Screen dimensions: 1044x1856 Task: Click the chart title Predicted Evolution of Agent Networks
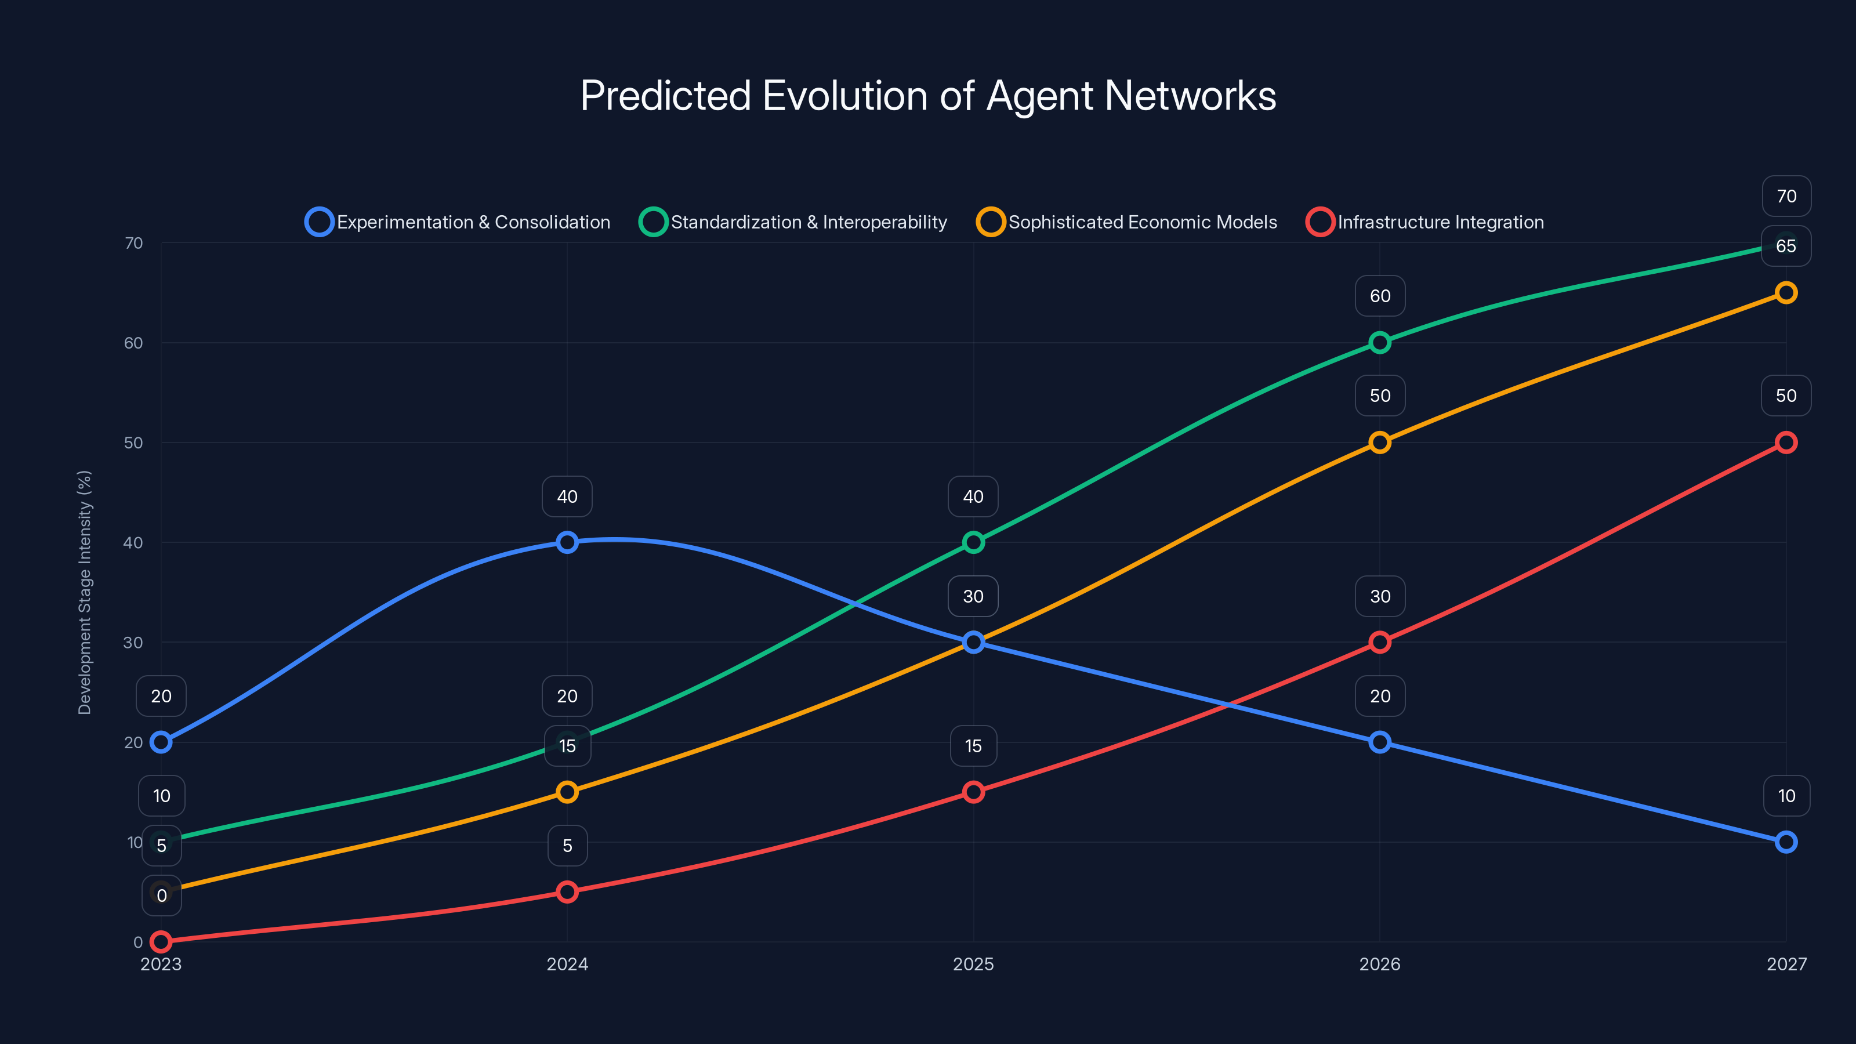pyautogui.click(x=928, y=96)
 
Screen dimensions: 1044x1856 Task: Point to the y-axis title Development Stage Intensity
pyautogui.click(x=85, y=592)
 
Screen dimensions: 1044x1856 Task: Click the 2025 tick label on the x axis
pyautogui.click(x=973, y=964)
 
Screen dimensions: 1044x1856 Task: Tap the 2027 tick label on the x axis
pyautogui.click(x=1786, y=964)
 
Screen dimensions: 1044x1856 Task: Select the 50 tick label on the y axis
pyautogui.click(x=133, y=443)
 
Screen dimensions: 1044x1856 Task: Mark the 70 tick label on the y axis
pyautogui.click(x=133, y=243)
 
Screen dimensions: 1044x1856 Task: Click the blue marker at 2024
pyautogui.click(x=567, y=542)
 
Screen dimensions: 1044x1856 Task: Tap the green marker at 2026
pyautogui.click(x=1380, y=342)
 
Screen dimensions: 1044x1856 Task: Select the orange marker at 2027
pyautogui.click(x=1786, y=292)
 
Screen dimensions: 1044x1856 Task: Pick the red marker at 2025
pyautogui.click(x=973, y=792)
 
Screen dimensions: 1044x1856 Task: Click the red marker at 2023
pyautogui.click(x=161, y=942)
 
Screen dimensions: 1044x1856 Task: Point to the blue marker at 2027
pyautogui.click(x=1786, y=842)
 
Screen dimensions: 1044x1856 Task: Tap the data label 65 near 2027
pyautogui.click(x=1786, y=246)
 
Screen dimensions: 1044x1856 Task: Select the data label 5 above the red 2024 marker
pyautogui.click(x=567, y=846)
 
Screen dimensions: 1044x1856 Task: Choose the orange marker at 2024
pyautogui.click(x=567, y=792)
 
